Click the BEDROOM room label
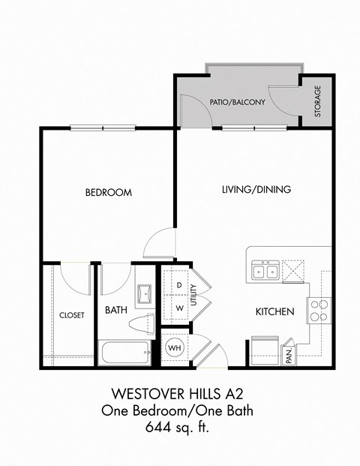point(108,193)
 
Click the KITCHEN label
point(274,311)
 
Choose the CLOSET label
point(71,315)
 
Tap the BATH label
point(115,310)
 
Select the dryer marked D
point(179,286)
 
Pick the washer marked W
point(179,308)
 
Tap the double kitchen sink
point(263,270)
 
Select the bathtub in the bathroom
point(125,354)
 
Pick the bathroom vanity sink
point(145,293)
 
